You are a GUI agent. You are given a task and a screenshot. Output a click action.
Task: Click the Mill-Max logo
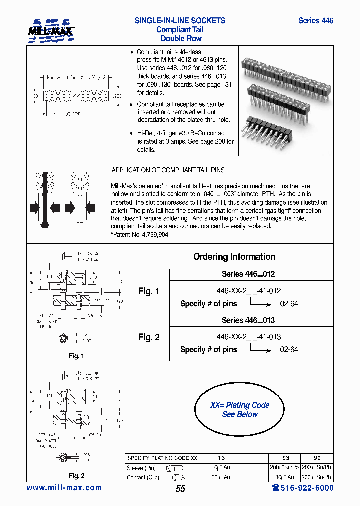(x=51, y=30)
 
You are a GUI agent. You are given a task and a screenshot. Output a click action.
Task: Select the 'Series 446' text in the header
(x=315, y=21)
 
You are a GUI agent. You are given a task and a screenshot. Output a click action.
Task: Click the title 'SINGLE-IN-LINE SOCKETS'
(x=180, y=21)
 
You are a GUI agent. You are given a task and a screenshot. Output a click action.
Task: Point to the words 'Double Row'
(x=181, y=39)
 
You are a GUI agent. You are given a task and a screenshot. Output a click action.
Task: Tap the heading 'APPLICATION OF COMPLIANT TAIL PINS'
(x=168, y=170)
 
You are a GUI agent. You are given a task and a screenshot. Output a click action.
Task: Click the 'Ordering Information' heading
(x=234, y=257)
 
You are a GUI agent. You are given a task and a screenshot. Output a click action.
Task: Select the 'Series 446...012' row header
(x=248, y=274)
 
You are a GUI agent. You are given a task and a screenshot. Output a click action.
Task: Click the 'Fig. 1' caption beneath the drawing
(x=76, y=356)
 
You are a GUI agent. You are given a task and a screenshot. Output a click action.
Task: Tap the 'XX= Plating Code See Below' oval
(x=239, y=410)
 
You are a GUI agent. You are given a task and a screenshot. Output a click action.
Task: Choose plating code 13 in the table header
(x=221, y=458)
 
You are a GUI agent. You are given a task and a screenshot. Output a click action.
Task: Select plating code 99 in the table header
(x=317, y=458)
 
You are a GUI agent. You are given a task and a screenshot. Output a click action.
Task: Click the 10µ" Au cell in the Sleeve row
(x=221, y=468)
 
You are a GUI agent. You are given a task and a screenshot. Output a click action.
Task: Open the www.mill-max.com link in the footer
(x=64, y=488)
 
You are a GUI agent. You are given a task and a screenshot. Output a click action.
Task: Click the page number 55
(x=180, y=489)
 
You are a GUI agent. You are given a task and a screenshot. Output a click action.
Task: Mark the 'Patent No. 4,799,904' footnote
(x=140, y=234)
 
